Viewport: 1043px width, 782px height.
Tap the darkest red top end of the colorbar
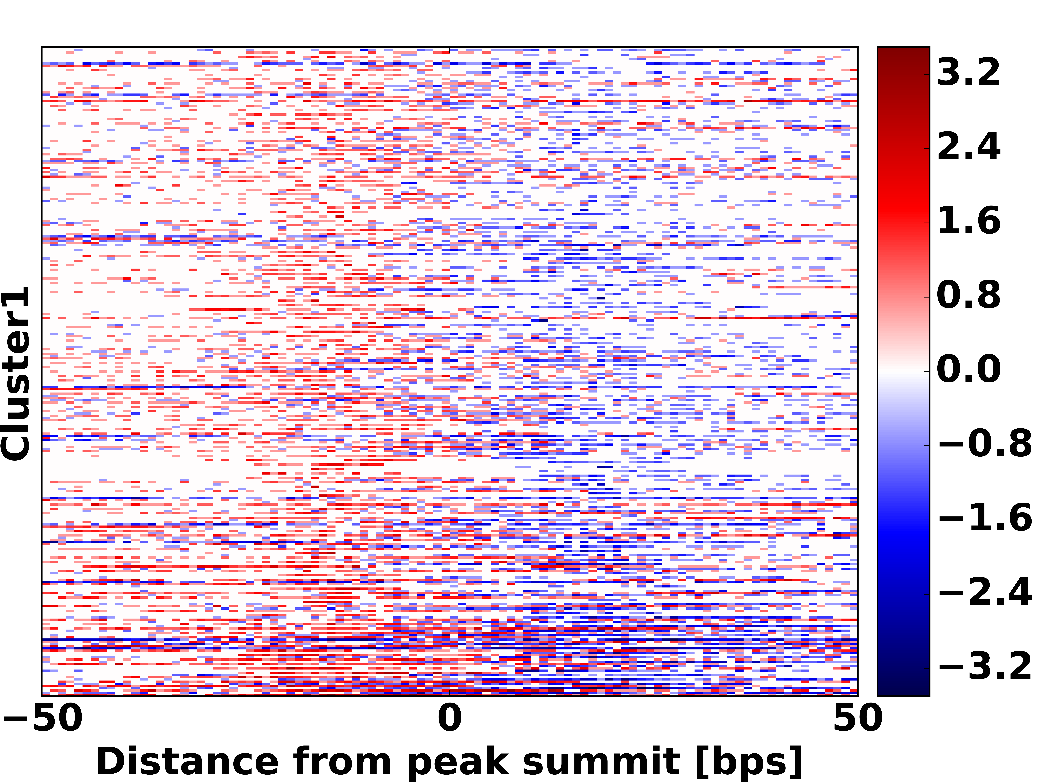pos(903,51)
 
